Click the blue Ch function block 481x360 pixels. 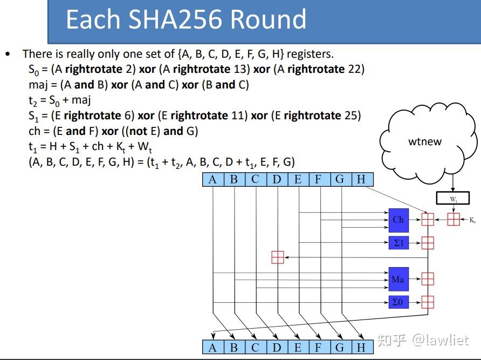pos(398,220)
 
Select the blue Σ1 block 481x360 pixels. pos(398,243)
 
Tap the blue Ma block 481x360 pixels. pos(398,279)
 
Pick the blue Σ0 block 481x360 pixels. pos(398,302)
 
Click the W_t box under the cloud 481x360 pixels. pos(453,199)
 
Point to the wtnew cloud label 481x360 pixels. pos(424,142)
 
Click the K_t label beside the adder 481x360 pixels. pos(472,220)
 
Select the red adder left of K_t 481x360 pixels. pos(453,220)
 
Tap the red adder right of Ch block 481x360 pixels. pos(428,220)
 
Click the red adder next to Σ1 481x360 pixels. pos(428,243)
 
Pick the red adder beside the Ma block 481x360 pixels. pos(428,279)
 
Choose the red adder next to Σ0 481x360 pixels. pos(428,302)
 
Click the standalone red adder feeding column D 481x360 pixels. pos(277,257)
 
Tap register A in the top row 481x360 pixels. pos(212,179)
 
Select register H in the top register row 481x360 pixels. pos(362,179)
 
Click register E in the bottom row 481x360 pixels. pos(298,347)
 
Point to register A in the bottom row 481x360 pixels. pos(212,347)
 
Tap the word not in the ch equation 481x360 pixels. pos(144,131)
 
